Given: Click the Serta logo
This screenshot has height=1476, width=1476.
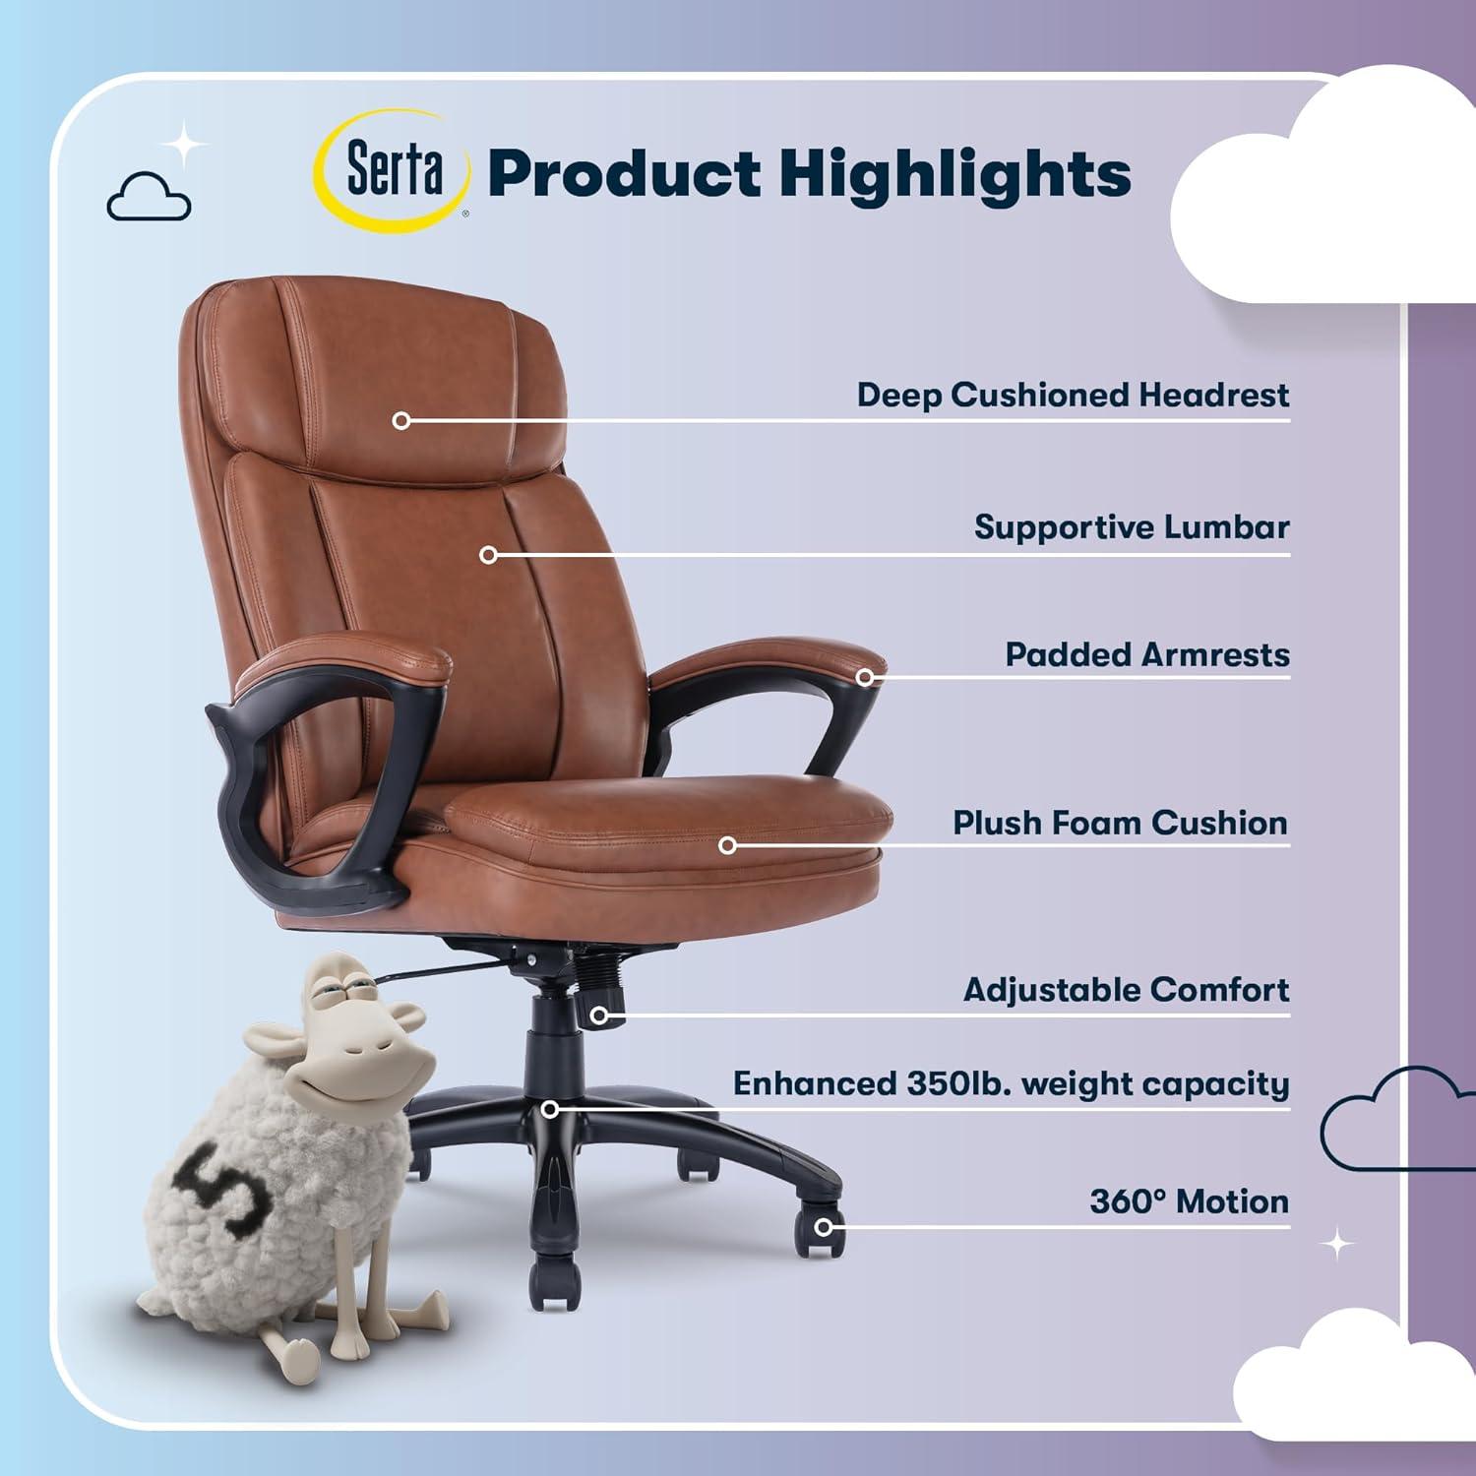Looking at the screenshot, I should (392, 171).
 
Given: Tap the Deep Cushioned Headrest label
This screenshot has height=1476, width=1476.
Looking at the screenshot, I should (1072, 396).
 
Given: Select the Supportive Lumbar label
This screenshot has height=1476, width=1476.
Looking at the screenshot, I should (1132, 527).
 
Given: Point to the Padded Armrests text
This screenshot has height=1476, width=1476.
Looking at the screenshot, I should (1146, 655).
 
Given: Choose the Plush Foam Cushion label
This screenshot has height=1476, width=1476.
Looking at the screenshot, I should (1120, 823).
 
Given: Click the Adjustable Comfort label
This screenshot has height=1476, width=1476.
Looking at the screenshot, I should (1126, 990).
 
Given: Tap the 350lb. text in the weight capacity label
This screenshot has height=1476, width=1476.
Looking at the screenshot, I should (957, 1083).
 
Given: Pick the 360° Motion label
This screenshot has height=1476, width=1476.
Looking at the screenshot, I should (1189, 1201).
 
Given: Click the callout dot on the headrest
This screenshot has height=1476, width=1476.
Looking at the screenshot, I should (400, 421).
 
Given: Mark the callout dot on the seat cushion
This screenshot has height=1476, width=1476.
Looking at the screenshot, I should (727, 845).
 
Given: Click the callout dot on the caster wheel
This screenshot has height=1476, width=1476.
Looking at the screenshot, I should (824, 1227).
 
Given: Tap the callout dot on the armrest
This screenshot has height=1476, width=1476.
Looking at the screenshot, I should (865, 677).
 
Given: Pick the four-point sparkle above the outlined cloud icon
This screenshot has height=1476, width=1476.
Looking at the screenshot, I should (183, 146).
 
